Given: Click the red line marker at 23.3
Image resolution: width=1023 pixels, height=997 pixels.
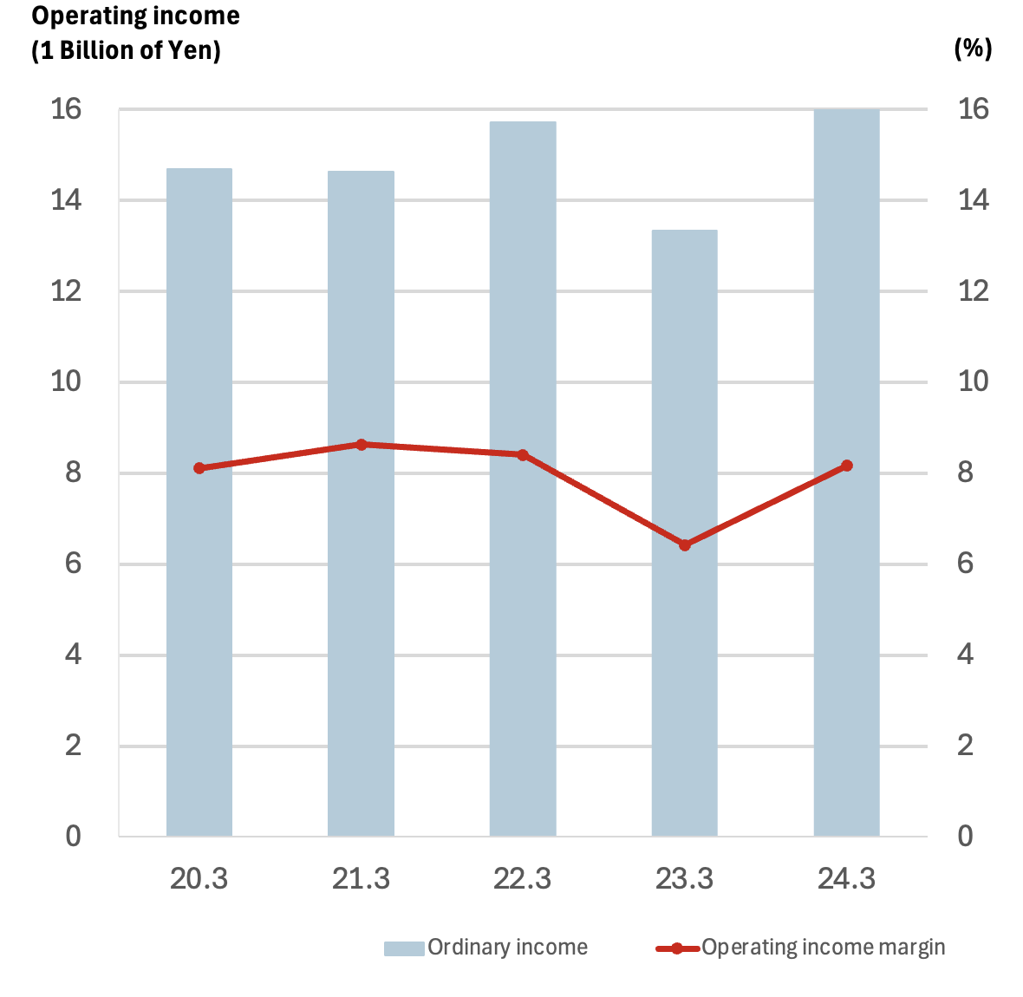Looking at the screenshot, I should click(685, 545).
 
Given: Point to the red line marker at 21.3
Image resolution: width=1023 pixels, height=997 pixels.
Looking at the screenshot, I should click(362, 445).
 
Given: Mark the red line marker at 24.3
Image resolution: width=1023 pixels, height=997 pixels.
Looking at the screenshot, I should click(847, 466).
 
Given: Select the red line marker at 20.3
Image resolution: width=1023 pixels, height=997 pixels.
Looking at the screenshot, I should click(199, 468).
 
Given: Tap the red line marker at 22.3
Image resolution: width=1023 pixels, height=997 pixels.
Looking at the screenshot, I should click(523, 455).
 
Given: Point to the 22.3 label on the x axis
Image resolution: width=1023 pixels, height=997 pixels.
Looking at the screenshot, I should click(523, 879).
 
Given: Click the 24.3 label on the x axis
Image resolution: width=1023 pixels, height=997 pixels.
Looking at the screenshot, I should click(847, 879).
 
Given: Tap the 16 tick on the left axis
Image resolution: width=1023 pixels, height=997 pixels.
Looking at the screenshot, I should click(66, 109).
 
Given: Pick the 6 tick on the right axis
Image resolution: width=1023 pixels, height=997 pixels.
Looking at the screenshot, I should click(965, 564).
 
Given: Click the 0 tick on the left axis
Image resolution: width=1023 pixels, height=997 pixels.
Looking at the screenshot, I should click(73, 837).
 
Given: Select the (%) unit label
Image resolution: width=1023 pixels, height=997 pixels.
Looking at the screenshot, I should click(973, 49).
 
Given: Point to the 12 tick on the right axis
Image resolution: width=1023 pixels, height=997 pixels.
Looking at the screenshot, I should click(973, 291).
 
